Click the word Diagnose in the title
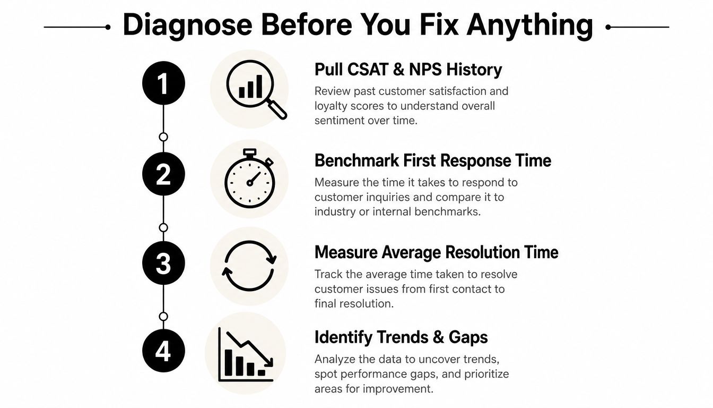tap(187, 25)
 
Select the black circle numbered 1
tap(163, 83)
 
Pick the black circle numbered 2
tap(163, 174)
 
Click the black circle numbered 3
tap(163, 263)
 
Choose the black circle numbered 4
tap(163, 351)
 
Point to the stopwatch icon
tap(250, 178)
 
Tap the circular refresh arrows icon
tap(249, 266)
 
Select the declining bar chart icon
tap(246, 354)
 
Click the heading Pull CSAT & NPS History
tap(408, 70)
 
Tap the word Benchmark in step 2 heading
tap(356, 160)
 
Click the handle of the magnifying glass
tap(277, 109)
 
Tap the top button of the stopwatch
tap(249, 152)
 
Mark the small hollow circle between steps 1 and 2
tap(163, 137)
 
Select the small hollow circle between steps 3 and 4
tap(163, 317)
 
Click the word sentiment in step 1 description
tap(340, 121)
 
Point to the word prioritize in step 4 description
tap(486, 374)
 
